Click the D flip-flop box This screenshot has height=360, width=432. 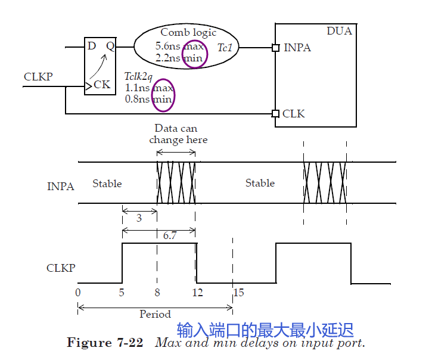point(100,66)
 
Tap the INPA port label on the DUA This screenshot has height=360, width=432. point(297,48)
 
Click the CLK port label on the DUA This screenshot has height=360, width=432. point(293,113)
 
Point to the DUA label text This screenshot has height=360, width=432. point(339,31)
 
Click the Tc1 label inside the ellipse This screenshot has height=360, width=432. point(224,48)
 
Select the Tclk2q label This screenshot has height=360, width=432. point(139,76)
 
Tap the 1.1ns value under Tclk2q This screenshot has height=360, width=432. point(138,88)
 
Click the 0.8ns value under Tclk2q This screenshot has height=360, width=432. point(138,99)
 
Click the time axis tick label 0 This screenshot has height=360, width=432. point(78,293)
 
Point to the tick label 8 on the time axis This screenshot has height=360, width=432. point(157,293)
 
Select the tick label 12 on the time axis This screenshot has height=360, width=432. point(197,293)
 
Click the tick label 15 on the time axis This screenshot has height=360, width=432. point(238,293)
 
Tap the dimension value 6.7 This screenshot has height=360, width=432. point(170,236)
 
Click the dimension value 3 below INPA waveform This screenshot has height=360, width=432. point(139,218)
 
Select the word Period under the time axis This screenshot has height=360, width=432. point(155,314)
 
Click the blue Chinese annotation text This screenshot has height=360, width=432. point(265,330)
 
